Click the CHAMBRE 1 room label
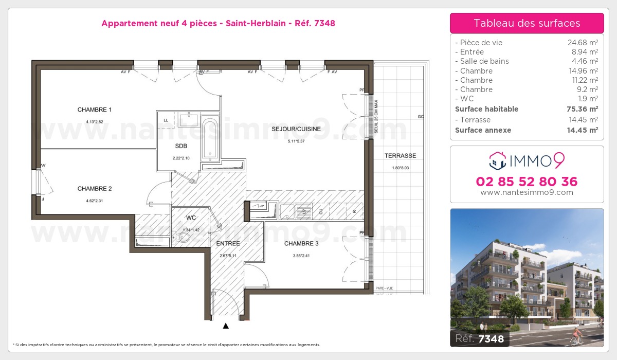tap(95, 110)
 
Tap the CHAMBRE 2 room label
tap(95, 188)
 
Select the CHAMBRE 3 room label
tap(301, 243)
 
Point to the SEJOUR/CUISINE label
tap(296, 129)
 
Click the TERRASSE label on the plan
tap(400, 156)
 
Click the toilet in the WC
tap(183, 238)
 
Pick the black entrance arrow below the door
tap(226, 326)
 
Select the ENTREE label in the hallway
tap(228, 243)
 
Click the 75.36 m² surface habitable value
tap(583, 109)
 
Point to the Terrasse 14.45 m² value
tap(583, 120)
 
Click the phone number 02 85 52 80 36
tap(527, 182)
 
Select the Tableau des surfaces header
tap(527, 23)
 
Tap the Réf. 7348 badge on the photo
tap(480, 338)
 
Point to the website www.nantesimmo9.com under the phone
tap(527, 193)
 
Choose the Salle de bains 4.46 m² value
tap(583, 61)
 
